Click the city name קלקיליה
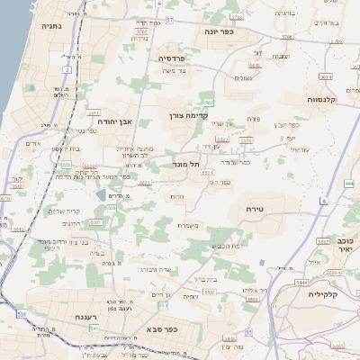click(321, 293)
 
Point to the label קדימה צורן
click(187, 115)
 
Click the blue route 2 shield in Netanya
click(67, 68)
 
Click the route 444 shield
click(348, 184)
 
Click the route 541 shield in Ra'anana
click(94, 328)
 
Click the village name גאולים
click(242, 78)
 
